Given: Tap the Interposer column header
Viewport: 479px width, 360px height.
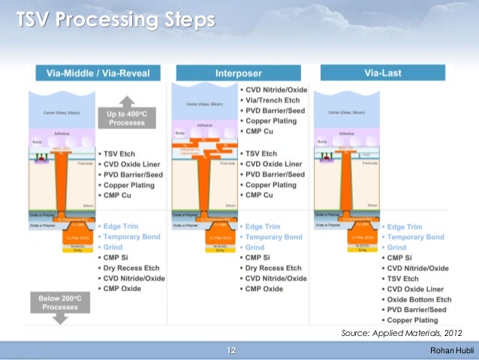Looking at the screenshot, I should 239,73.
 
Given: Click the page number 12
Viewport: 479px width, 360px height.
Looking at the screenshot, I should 231,350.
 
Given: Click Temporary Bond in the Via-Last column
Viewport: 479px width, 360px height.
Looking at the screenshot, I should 417,237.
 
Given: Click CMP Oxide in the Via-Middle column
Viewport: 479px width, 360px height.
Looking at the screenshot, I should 123,289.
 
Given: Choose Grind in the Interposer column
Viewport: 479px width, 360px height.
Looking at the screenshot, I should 255,247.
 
